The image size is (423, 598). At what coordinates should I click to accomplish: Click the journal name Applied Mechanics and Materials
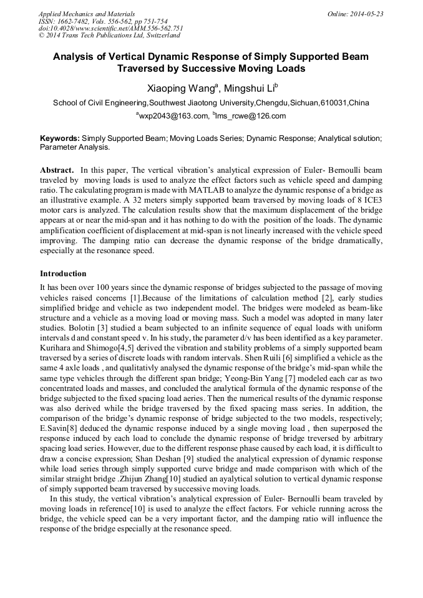tap(79, 14)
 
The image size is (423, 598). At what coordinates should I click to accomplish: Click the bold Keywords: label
tap(60, 139)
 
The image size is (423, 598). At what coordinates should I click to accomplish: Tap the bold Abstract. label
tap(57, 170)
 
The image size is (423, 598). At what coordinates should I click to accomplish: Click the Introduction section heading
tap(63, 274)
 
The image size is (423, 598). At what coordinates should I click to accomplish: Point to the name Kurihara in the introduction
tap(56, 347)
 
